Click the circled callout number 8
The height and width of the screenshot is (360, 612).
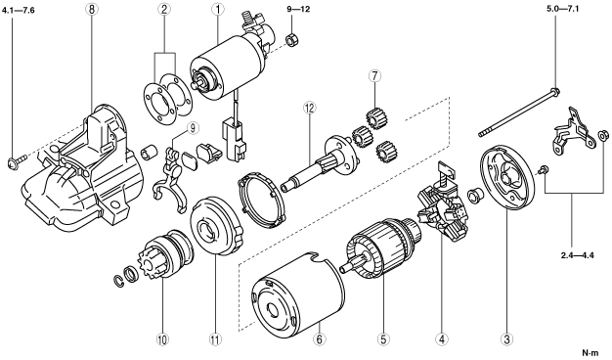91,10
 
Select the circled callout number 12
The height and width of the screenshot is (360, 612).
310,109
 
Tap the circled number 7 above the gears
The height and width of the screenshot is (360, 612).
374,75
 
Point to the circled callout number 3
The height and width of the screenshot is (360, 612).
506,339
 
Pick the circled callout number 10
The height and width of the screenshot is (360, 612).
162,339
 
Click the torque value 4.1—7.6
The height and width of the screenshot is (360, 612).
18,11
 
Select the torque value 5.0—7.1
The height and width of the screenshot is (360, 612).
562,9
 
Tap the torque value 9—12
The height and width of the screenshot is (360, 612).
298,9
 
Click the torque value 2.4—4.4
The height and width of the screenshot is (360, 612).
577,255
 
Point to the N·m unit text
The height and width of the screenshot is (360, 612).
590,352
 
